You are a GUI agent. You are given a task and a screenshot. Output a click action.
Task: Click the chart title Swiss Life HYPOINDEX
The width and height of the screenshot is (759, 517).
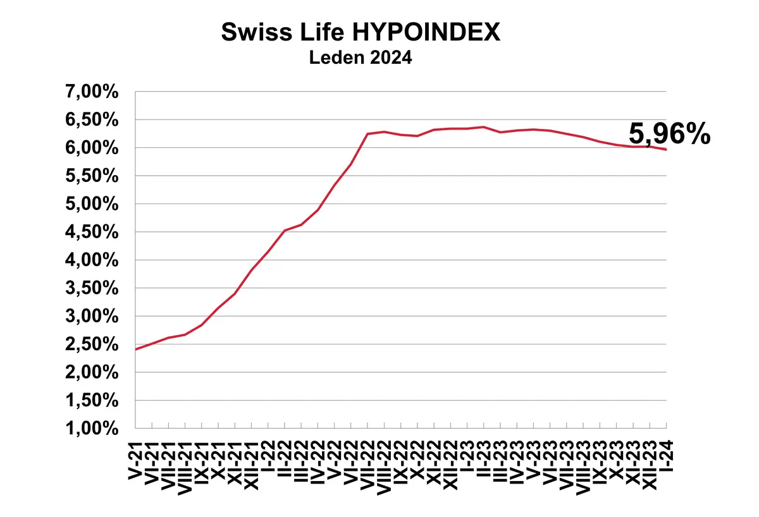tap(361, 32)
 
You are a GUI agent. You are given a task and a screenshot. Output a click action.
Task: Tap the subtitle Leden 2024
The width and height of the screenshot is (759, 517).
tap(361, 58)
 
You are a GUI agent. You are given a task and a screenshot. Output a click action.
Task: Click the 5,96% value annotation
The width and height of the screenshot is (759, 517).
tap(670, 134)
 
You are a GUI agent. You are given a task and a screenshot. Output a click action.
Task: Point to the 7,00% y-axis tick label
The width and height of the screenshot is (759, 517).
tap(92, 92)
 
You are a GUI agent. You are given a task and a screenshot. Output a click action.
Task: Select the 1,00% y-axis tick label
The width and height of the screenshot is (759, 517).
tap(92, 428)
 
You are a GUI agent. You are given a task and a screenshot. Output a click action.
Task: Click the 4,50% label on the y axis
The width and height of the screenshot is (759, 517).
tap(92, 232)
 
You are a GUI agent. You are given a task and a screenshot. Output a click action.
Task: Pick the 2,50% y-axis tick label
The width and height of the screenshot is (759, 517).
tap(92, 344)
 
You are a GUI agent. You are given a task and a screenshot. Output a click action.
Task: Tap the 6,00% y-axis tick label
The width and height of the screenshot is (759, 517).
tap(92, 148)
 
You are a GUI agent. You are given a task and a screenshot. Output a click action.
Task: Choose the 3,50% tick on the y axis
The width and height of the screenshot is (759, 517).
tap(92, 288)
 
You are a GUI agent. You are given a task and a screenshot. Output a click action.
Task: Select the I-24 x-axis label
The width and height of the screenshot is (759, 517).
tap(666, 456)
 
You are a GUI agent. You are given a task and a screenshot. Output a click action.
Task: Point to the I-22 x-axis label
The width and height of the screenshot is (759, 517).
tap(268, 456)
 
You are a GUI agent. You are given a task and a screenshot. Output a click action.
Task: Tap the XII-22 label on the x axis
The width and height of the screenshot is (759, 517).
tap(450, 465)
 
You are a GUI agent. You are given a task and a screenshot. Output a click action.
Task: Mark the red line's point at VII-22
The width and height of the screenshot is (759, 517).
tap(367, 134)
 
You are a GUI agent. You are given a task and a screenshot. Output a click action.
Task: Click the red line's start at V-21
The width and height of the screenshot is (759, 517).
tap(135, 350)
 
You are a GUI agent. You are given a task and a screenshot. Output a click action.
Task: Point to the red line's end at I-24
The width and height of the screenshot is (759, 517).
tap(666, 150)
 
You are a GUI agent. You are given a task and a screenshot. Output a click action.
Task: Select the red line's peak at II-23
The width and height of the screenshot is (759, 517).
tap(483, 127)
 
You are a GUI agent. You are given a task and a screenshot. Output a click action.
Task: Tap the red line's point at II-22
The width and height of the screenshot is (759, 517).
tap(285, 231)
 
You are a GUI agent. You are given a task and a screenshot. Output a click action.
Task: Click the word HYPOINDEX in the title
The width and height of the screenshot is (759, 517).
tap(426, 32)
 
